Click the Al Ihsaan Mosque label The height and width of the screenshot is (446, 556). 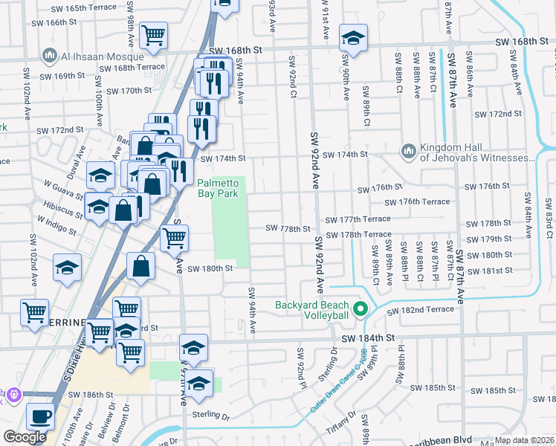[x=103, y=56]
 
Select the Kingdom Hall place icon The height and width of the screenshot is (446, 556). [x=408, y=151]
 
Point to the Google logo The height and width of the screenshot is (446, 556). [x=25, y=437]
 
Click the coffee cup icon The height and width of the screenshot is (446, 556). [x=41, y=416]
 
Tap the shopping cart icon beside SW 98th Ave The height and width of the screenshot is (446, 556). [x=153, y=34]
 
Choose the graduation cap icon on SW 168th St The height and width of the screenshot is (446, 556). [x=354, y=37]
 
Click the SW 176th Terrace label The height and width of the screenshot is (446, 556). [x=417, y=202]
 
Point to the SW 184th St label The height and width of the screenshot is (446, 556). [x=366, y=338]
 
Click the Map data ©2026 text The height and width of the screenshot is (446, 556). [x=524, y=440]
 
